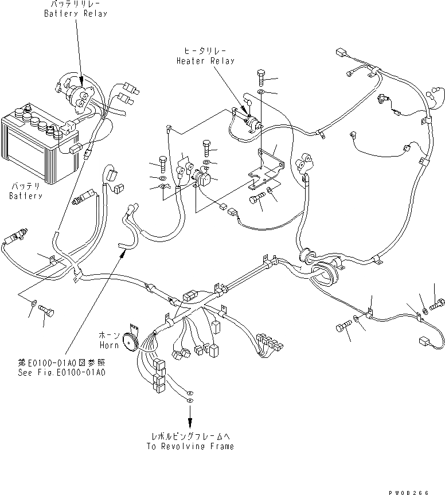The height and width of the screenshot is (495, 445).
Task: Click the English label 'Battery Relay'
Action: (x=75, y=14)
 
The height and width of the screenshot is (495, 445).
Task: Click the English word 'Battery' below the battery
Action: (x=26, y=196)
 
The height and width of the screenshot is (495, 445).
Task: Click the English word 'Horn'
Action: (x=109, y=346)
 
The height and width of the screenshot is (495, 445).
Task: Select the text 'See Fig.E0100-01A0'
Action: (x=62, y=372)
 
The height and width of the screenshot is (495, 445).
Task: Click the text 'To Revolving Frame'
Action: (x=190, y=446)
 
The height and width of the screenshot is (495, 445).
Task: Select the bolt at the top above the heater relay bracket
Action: (x=260, y=75)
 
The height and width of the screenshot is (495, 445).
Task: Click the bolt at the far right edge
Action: (x=438, y=302)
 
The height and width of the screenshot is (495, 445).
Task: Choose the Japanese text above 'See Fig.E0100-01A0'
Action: (x=62, y=363)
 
